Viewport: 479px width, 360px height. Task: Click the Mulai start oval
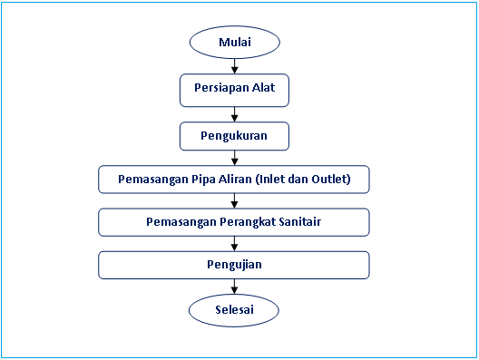click(x=234, y=43)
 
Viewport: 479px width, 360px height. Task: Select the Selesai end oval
click(x=234, y=310)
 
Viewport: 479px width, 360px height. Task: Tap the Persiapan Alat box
click(x=234, y=89)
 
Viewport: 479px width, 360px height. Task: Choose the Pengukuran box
click(x=234, y=136)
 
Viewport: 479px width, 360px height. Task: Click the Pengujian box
click(x=234, y=265)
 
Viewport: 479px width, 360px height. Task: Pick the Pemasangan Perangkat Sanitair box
click(x=234, y=222)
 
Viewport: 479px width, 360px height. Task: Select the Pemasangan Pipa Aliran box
click(x=234, y=179)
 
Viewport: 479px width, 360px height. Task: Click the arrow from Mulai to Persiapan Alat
click(x=234, y=65)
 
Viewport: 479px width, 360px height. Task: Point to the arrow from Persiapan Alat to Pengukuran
click(x=234, y=113)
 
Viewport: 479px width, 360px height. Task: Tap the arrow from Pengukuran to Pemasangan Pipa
click(x=234, y=157)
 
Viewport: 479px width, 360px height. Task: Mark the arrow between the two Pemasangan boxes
click(x=234, y=200)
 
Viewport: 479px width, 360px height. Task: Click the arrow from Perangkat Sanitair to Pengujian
click(x=234, y=244)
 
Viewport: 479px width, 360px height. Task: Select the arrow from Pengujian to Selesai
click(x=234, y=287)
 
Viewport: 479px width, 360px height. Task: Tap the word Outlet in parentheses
click(x=327, y=179)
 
